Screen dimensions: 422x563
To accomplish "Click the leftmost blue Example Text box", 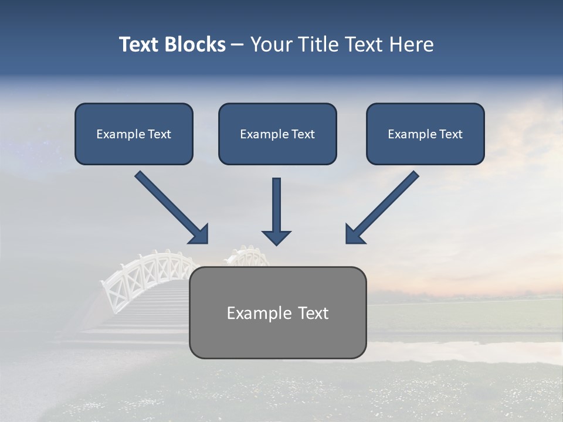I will click(134, 134).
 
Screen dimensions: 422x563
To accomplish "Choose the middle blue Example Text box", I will click(277, 134).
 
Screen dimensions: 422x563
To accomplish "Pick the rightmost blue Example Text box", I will click(425, 134).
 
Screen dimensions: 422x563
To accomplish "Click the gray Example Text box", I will click(277, 312).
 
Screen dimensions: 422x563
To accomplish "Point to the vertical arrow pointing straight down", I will click(276, 205).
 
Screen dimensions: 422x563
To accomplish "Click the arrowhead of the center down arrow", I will click(276, 237).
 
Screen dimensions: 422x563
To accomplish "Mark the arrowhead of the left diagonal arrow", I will click(199, 234).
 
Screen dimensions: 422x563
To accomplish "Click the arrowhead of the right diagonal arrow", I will click(354, 234).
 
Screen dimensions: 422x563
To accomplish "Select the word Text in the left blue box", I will click(159, 134).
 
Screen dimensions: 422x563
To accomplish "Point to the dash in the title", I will click(238, 45).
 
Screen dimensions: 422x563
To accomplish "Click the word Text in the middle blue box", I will click(303, 134).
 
